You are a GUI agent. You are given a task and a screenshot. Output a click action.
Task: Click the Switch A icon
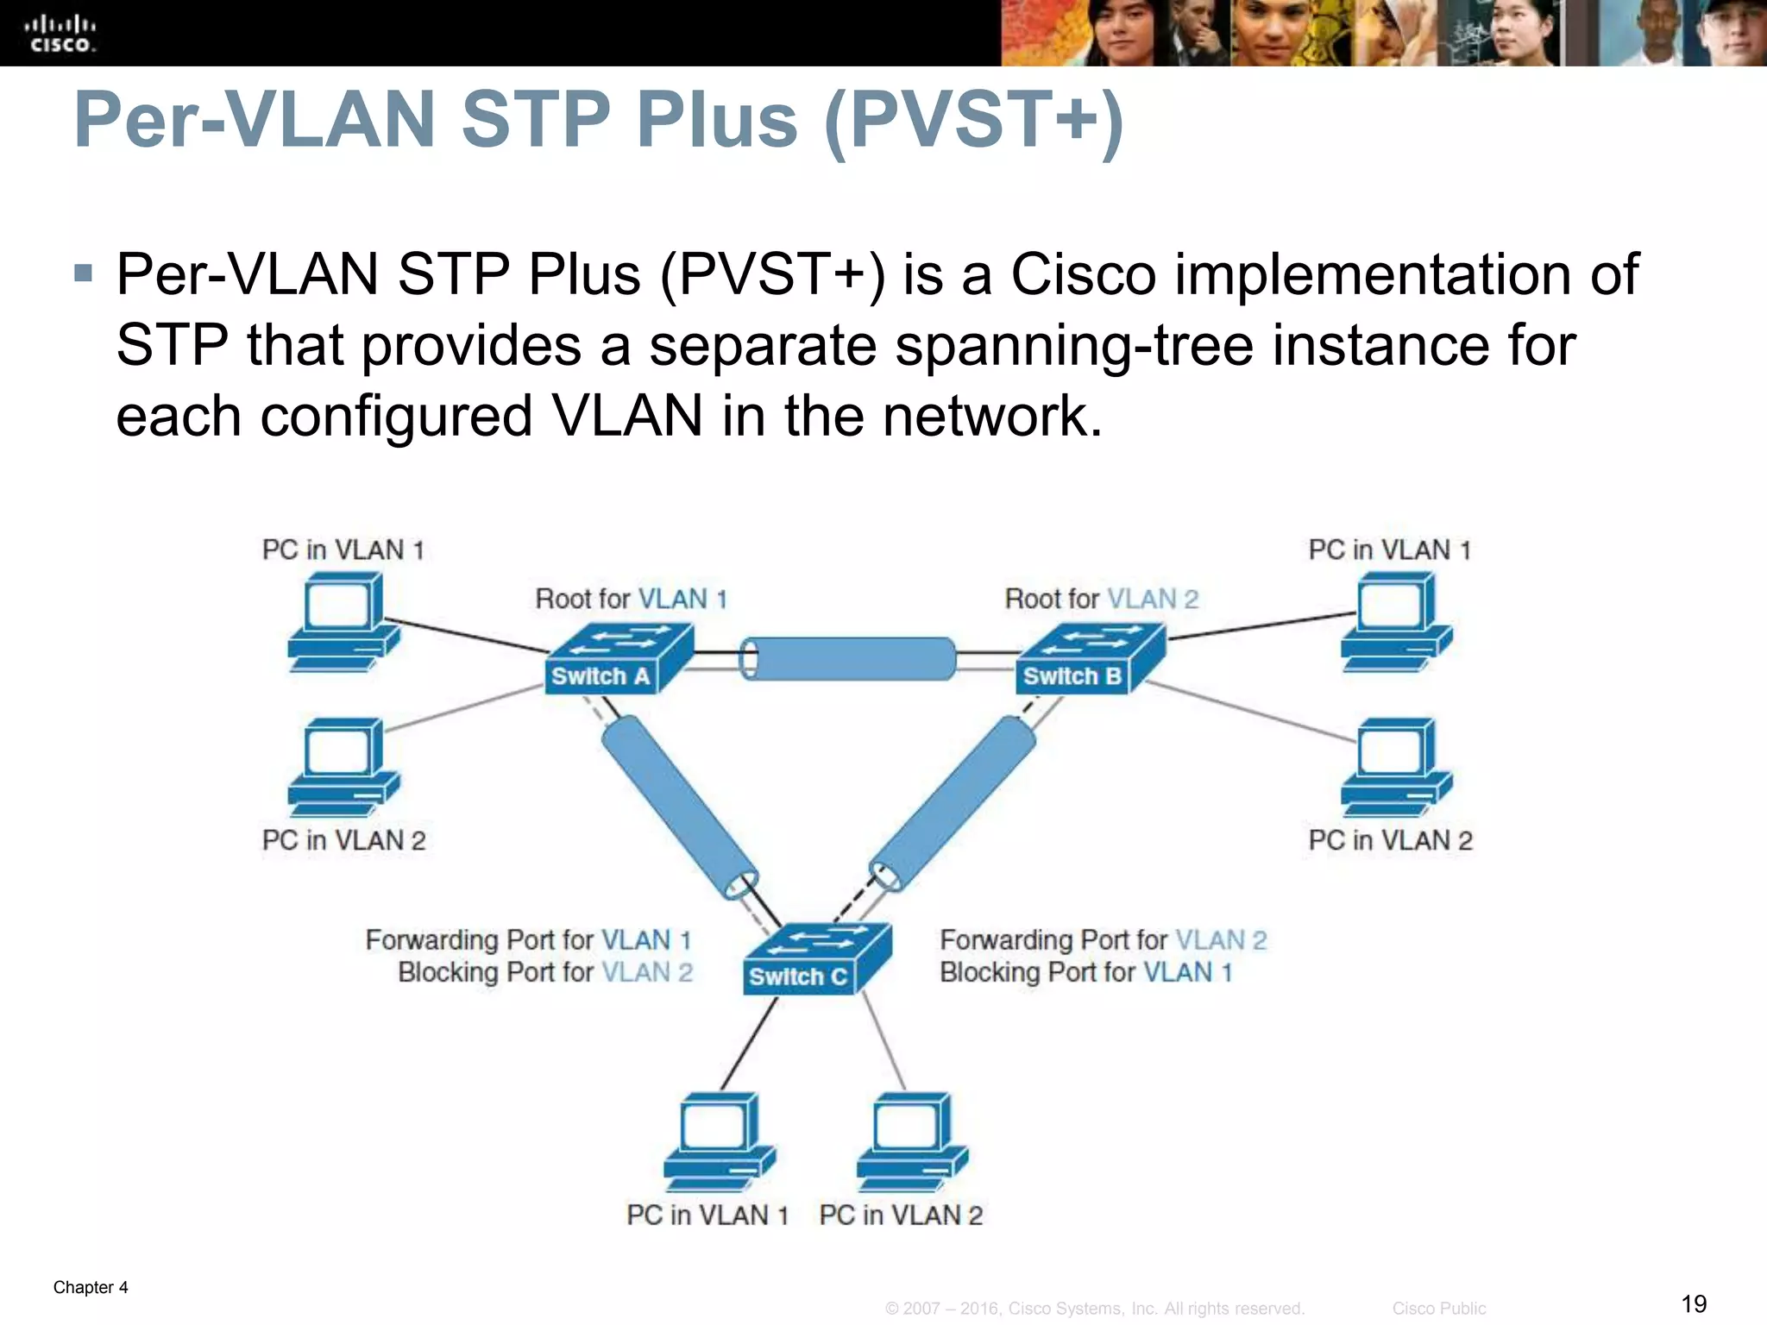click(x=618, y=659)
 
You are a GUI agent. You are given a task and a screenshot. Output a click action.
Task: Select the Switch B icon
click(x=1090, y=659)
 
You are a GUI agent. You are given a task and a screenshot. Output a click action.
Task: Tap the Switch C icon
click(x=815, y=958)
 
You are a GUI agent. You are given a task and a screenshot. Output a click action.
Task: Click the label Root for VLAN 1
click(x=631, y=599)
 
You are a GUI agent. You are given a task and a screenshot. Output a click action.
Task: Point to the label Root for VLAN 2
click(x=1101, y=599)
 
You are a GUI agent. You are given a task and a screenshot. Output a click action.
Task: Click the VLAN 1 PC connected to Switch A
click(x=343, y=621)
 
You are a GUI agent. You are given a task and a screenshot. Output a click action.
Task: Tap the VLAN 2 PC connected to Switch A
click(x=343, y=767)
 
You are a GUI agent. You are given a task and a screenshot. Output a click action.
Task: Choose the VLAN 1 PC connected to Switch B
click(x=1396, y=621)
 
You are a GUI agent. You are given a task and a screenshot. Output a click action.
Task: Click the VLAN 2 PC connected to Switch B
click(x=1396, y=767)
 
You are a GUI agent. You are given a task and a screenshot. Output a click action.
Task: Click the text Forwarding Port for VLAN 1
click(x=528, y=939)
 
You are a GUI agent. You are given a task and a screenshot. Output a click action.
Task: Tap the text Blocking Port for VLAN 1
click(x=1085, y=972)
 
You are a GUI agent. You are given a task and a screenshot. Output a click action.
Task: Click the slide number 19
click(x=1694, y=1303)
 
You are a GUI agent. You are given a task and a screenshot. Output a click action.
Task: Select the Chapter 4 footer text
click(x=91, y=1287)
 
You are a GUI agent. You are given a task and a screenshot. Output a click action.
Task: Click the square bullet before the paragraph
click(x=83, y=273)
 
